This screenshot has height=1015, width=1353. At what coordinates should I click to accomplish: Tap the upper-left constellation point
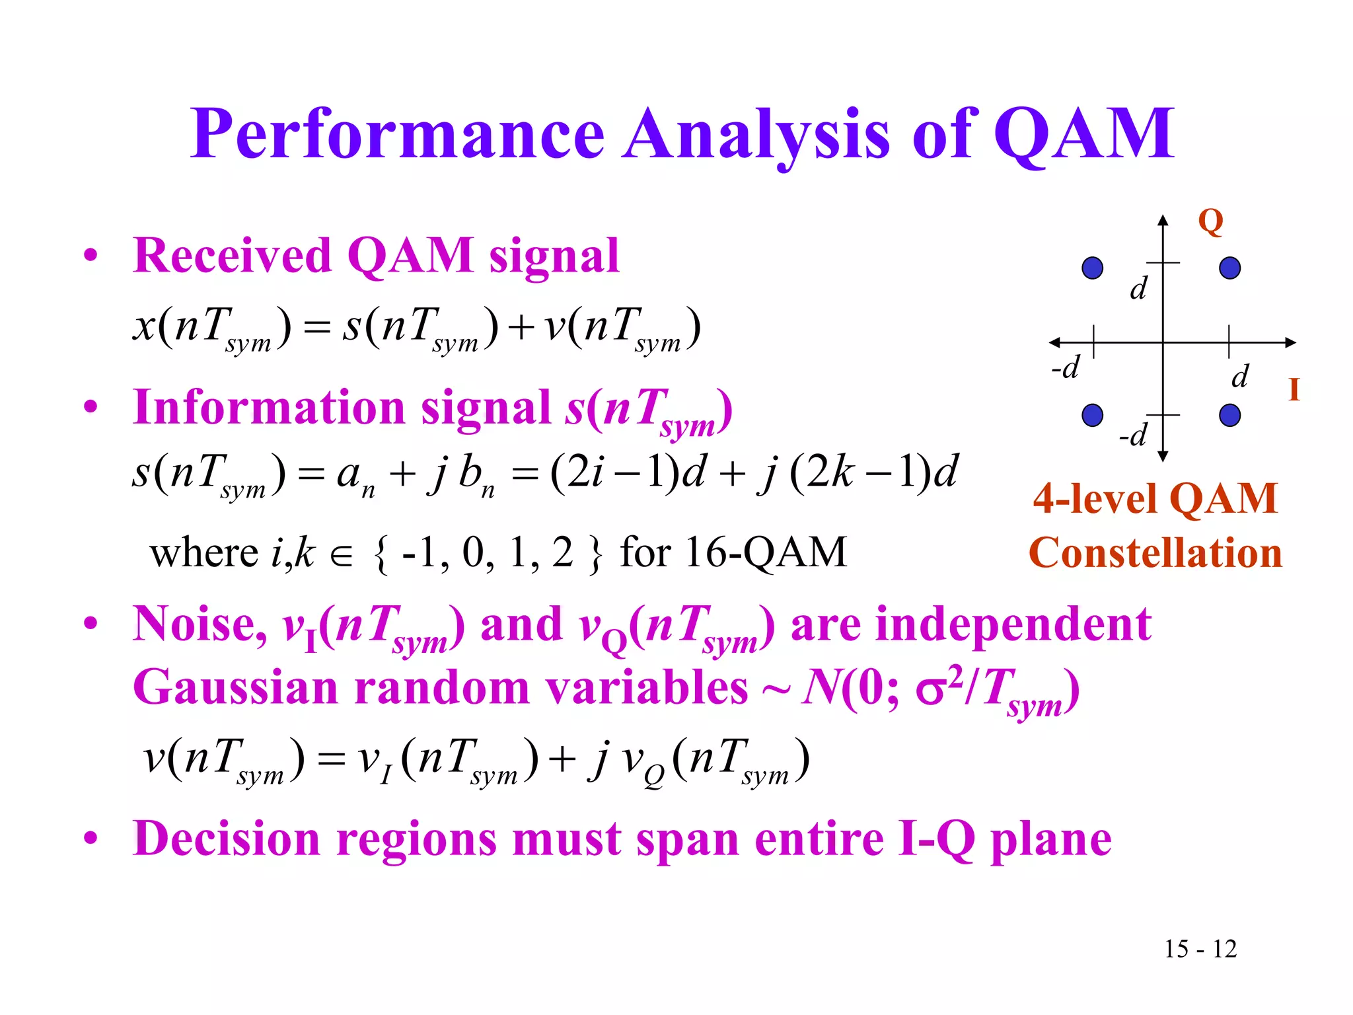pyautogui.click(x=1093, y=268)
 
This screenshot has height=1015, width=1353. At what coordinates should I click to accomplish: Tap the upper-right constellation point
pyautogui.click(x=1229, y=268)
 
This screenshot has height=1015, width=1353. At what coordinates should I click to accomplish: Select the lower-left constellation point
pyautogui.click(x=1093, y=415)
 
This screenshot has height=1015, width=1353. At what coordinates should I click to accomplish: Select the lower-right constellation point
pyautogui.click(x=1229, y=415)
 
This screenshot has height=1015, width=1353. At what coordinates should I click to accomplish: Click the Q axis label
pyautogui.click(x=1210, y=221)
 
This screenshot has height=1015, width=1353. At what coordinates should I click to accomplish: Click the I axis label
pyautogui.click(x=1294, y=390)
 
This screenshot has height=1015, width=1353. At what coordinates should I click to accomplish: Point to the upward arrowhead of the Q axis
pyautogui.click(x=1163, y=219)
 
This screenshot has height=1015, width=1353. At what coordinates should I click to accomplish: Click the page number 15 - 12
pyautogui.click(x=1200, y=949)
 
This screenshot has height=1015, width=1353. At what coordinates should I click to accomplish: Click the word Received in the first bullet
pyautogui.click(x=231, y=256)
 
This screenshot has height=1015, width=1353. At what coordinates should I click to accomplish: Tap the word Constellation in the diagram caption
pyautogui.click(x=1155, y=553)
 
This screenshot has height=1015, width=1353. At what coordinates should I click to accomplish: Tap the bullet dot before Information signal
pyautogui.click(x=91, y=406)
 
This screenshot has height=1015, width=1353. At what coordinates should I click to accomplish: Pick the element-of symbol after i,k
pyautogui.click(x=342, y=556)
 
